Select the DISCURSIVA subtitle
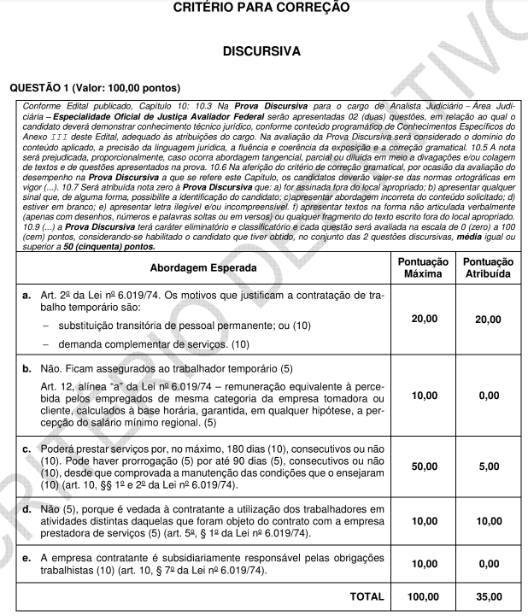pos(261,51)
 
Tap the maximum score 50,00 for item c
pos(424,467)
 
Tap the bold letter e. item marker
pos(26,558)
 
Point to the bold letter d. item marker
pos(26,509)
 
